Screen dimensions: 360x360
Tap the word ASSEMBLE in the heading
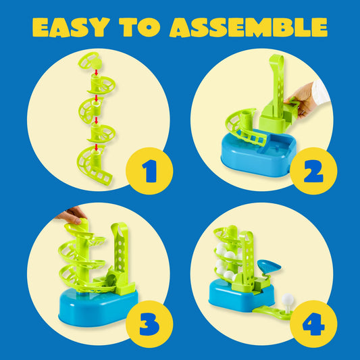[249, 27]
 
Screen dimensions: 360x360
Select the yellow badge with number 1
[149, 171]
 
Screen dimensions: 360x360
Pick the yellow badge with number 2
[313, 171]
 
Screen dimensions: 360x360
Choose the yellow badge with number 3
[149, 324]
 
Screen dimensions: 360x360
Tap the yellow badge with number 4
[313, 324]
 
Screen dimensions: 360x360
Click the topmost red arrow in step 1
[97, 72]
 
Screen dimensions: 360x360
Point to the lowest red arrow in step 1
[97, 147]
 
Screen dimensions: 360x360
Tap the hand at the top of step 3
[71, 215]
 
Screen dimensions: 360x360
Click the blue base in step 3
[98, 307]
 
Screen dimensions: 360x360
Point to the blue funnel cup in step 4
[269, 266]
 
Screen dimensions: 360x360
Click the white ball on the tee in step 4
[288, 299]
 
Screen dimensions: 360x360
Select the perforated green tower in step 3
[120, 251]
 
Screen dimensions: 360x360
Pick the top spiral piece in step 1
[90, 60]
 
